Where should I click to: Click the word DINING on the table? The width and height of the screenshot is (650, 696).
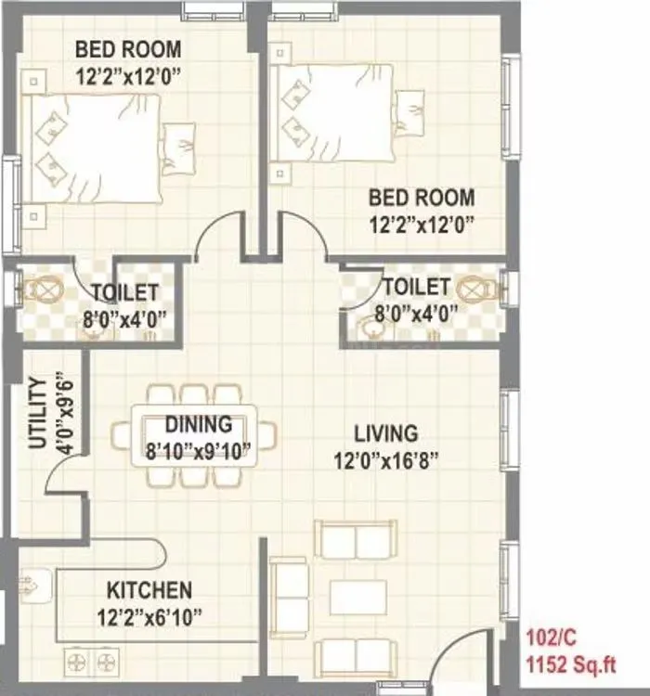198,424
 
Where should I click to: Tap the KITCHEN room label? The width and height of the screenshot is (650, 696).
149,590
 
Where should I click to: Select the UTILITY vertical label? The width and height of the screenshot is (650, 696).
37,412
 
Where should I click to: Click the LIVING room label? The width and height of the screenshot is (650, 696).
385,433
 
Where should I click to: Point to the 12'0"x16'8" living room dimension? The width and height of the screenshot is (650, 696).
385,459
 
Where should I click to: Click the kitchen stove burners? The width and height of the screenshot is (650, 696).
93,662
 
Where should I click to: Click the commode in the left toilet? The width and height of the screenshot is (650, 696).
42,290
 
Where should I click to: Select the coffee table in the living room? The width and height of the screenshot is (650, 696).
357,597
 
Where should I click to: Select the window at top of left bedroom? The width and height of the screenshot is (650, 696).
212,10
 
